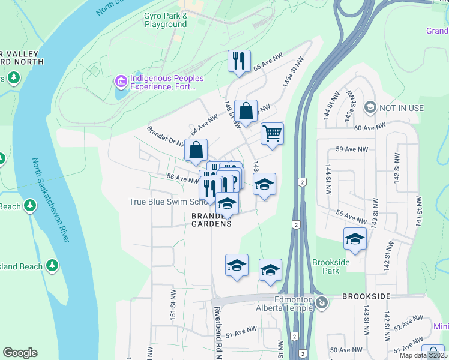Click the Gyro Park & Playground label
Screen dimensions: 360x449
tap(166, 20)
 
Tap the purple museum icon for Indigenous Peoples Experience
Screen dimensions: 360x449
tap(121, 80)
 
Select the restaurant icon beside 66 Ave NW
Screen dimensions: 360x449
tap(239, 61)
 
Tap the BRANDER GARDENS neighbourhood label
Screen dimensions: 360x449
tap(211, 219)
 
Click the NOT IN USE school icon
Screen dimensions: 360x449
tap(370, 108)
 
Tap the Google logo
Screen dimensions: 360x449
tap(20, 353)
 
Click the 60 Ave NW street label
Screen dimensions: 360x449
tap(370, 127)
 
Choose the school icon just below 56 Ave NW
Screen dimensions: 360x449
tap(355, 239)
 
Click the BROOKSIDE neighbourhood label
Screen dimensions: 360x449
tap(366, 296)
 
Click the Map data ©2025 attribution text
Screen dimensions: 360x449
tap(423, 355)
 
